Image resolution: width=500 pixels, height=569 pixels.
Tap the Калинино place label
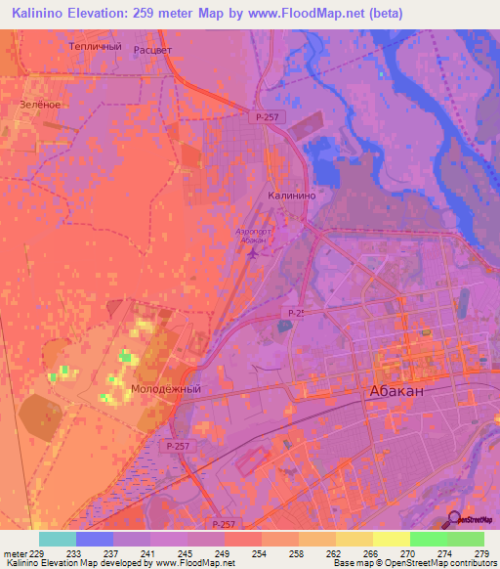click(290, 196)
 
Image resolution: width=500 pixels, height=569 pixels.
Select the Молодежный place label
click(165, 388)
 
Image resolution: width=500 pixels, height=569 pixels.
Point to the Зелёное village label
click(40, 104)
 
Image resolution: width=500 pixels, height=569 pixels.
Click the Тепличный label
click(96, 46)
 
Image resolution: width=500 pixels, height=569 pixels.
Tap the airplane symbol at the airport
click(255, 254)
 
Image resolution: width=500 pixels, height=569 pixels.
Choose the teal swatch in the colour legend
click(58, 539)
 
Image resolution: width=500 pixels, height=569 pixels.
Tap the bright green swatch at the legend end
click(466, 539)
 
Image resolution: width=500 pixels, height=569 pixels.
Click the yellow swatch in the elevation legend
click(392, 539)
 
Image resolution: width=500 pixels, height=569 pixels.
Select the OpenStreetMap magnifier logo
click(454, 519)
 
